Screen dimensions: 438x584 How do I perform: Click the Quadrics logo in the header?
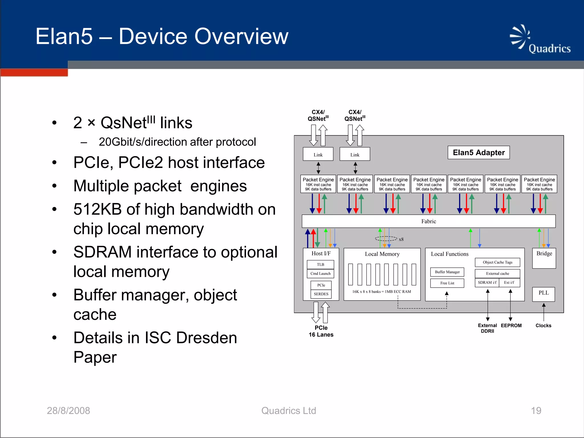point(540,40)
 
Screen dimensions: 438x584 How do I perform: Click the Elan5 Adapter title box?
point(478,153)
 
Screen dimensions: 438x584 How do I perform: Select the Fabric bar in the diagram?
point(428,221)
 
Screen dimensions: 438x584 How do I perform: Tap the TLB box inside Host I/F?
point(320,265)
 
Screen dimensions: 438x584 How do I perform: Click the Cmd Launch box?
point(320,273)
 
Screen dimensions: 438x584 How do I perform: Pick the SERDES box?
point(321,294)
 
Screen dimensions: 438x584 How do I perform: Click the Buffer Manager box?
point(447,272)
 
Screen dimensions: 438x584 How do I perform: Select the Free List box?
point(447,283)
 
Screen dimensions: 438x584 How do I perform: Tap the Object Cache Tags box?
point(497,262)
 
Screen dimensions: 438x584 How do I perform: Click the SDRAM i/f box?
point(487,283)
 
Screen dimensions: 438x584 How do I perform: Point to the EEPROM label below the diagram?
point(511,326)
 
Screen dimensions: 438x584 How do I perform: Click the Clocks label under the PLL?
point(543,326)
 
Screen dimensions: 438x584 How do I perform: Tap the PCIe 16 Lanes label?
point(321,331)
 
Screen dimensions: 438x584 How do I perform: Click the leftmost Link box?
point(318,154)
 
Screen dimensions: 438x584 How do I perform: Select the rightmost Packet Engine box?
point(539,184)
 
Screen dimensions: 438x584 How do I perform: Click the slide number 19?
point(536,411)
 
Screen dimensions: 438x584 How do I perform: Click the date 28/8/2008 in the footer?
point(68,411)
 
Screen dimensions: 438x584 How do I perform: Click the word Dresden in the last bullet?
point(206,338)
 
